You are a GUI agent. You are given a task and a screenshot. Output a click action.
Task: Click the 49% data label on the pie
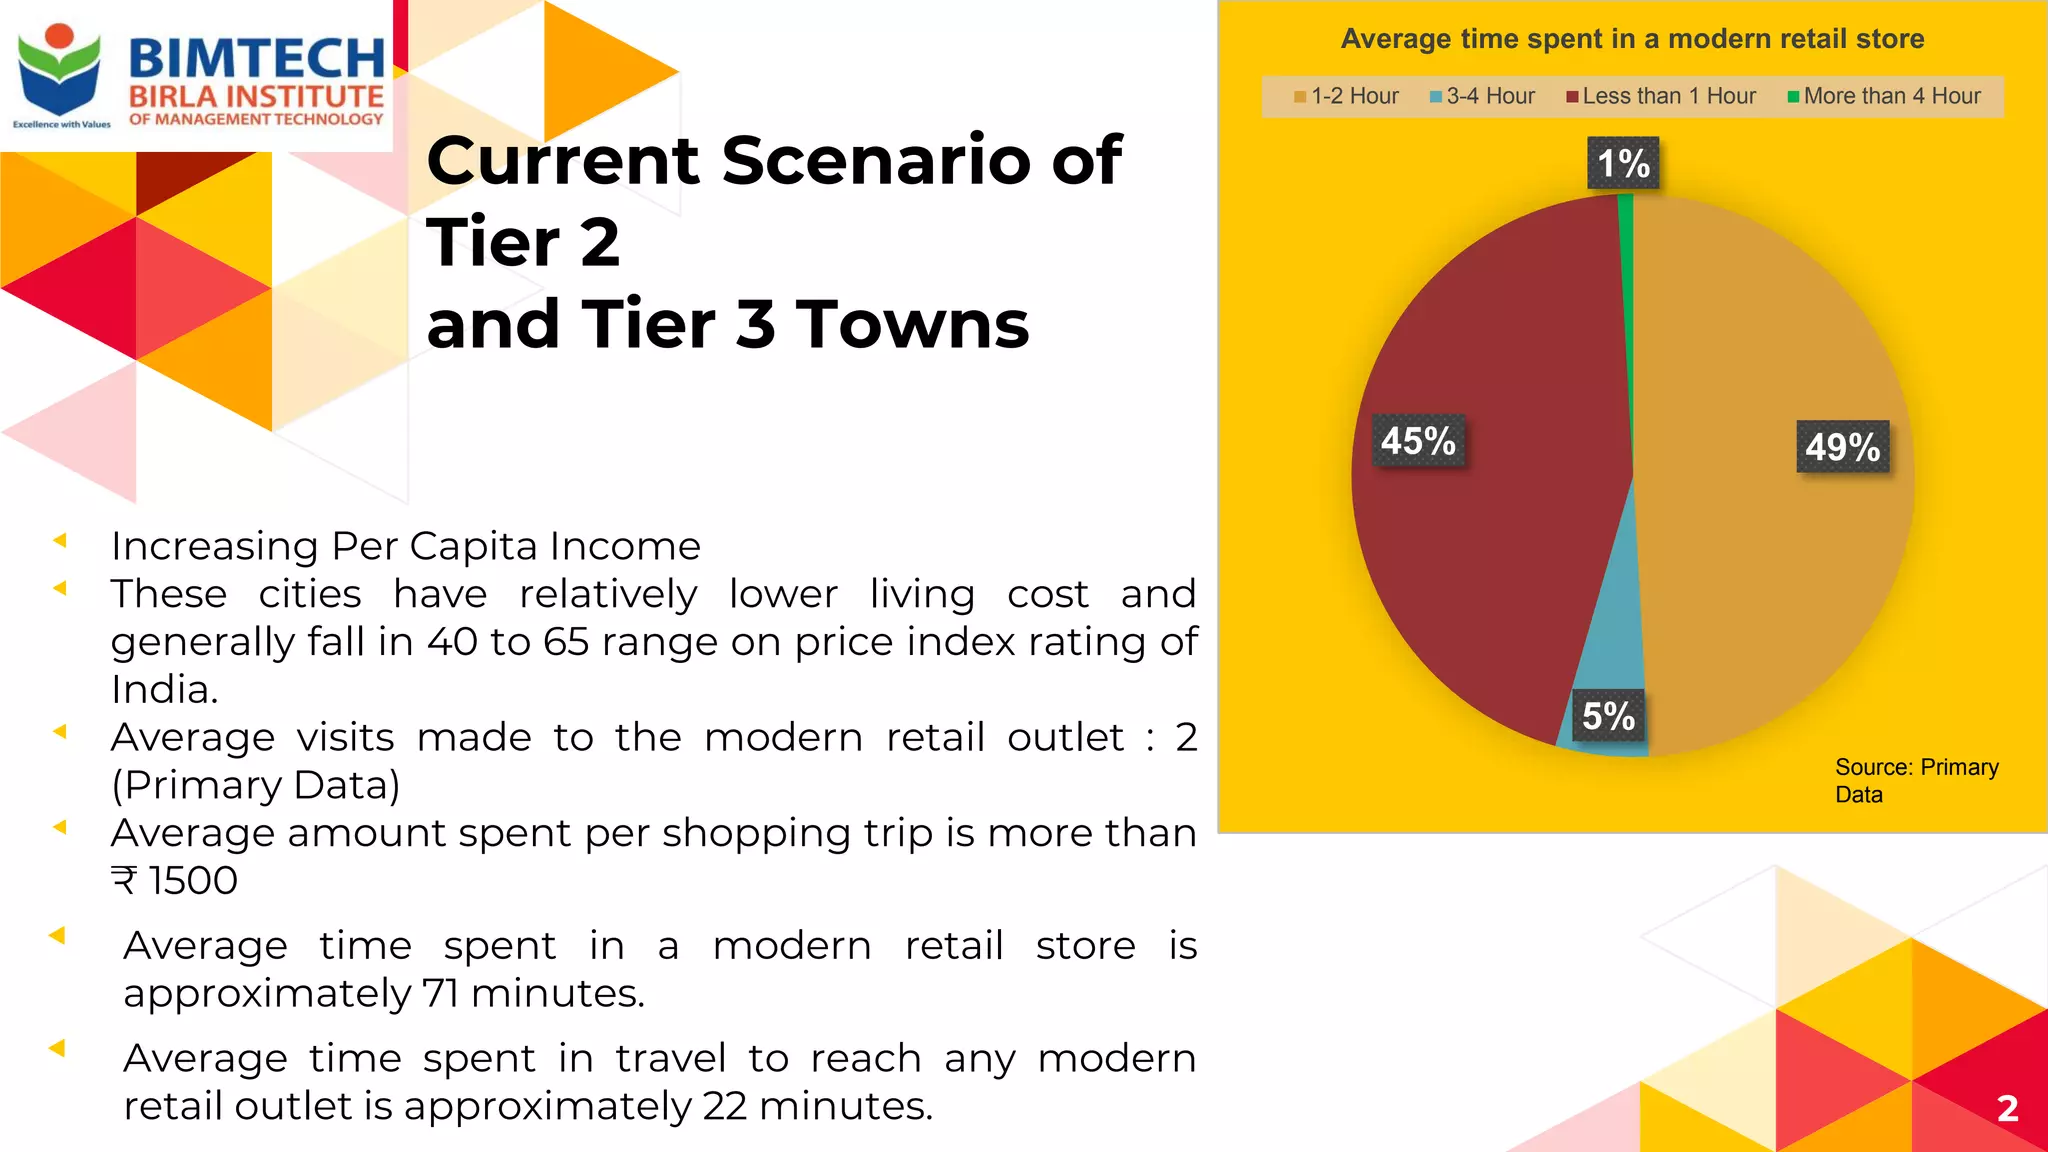pos(1843,447)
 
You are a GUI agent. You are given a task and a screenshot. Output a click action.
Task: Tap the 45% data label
pos(1418,441)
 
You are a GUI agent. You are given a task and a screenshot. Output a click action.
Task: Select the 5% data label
pos(1608,716)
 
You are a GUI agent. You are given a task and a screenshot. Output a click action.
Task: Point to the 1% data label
pos(1623,164)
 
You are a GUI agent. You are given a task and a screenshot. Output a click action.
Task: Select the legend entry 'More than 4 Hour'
pos(1884,96)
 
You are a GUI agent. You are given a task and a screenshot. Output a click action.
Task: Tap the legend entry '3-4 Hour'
pos(1482,96)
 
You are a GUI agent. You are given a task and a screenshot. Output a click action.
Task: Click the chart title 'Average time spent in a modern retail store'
pos(1632,39)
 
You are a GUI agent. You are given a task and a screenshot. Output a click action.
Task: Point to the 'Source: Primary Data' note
pos(1916,781)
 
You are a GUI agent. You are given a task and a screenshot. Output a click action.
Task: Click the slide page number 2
pos(2007,1108)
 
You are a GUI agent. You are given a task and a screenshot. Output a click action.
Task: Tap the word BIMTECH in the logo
pos(257,58)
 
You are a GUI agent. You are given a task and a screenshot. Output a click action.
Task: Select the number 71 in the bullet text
pos(441,994)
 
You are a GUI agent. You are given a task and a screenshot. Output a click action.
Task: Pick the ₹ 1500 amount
pos(175,881)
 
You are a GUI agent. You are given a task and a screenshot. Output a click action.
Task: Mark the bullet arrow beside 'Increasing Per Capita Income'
pos(60,541)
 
